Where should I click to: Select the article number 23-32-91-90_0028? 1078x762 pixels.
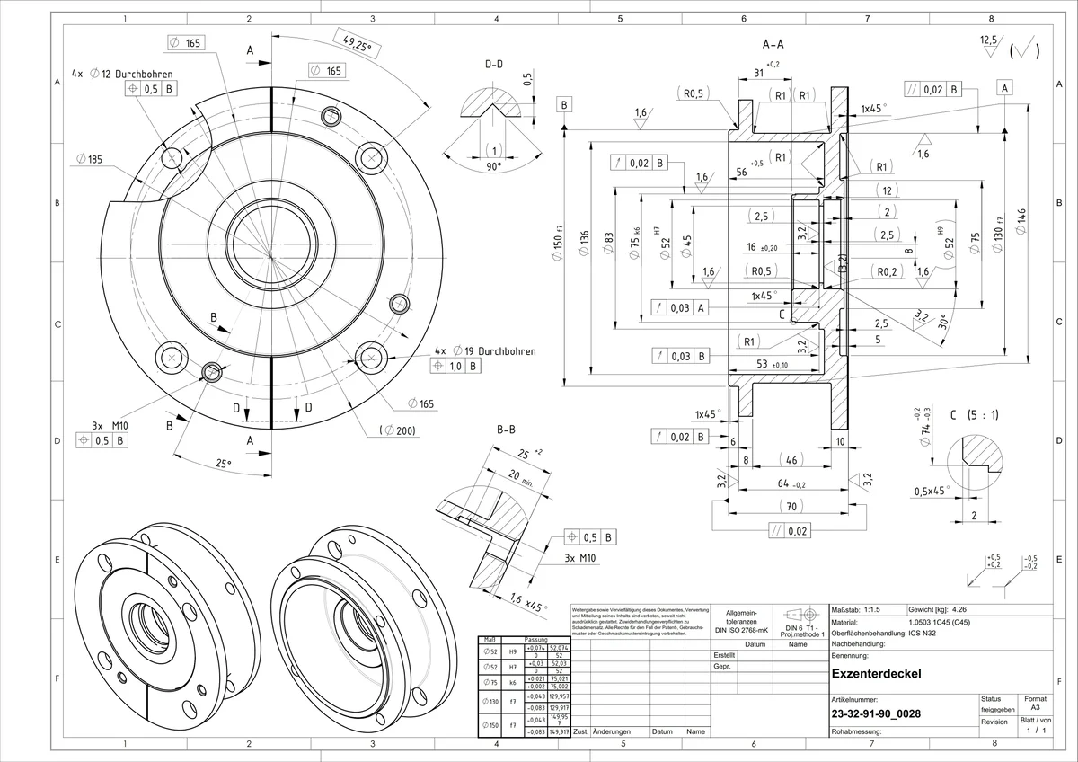[x=876, y=714]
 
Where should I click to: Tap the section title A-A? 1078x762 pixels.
[x=772, y=43]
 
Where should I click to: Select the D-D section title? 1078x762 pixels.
[x=493, y=65]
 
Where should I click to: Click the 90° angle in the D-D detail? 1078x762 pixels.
[x=493, y=167]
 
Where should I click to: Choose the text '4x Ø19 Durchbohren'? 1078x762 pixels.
[x=485, y=350]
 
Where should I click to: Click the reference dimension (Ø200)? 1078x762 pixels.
[x=397, y=431]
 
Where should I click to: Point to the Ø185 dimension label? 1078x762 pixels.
[x=90, y=159]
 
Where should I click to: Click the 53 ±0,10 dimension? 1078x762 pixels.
[x=772, y=365]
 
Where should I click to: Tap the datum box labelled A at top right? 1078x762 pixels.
[x=1003, y=87]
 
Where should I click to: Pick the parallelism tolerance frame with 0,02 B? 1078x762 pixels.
[x=933, y=89]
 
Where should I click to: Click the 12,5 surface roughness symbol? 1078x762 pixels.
[x=989, y=42]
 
